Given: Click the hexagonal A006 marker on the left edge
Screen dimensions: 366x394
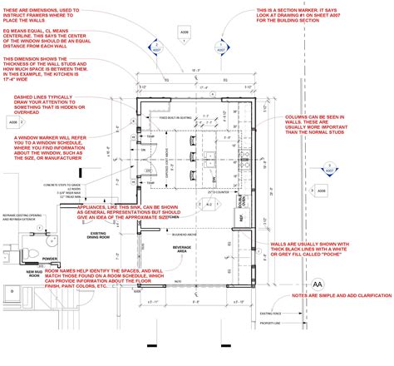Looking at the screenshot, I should point(13,122).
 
